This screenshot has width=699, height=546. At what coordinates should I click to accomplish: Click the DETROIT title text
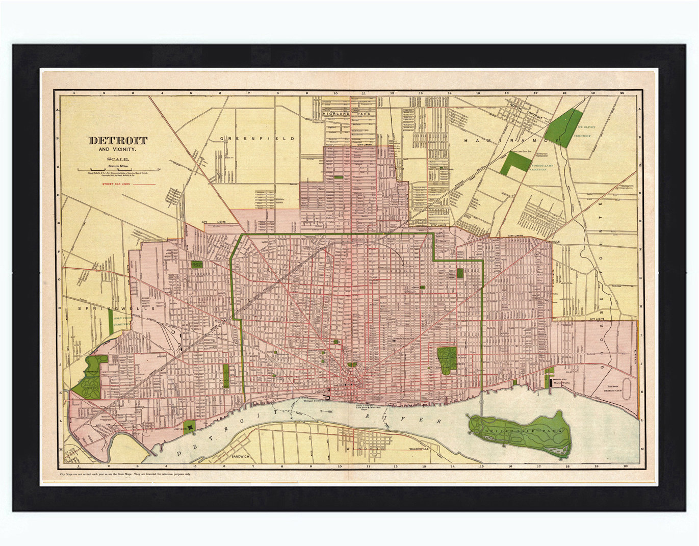pyautogui.click(x=118, y=140)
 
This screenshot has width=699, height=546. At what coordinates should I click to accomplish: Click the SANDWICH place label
pyautogui.click(x=240, y=457)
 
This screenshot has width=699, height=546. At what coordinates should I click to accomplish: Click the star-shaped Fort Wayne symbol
pyautogui.click(x=190, y=426)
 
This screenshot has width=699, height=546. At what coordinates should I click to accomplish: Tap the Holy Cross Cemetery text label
pyautogui.click(x=122, y=321)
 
